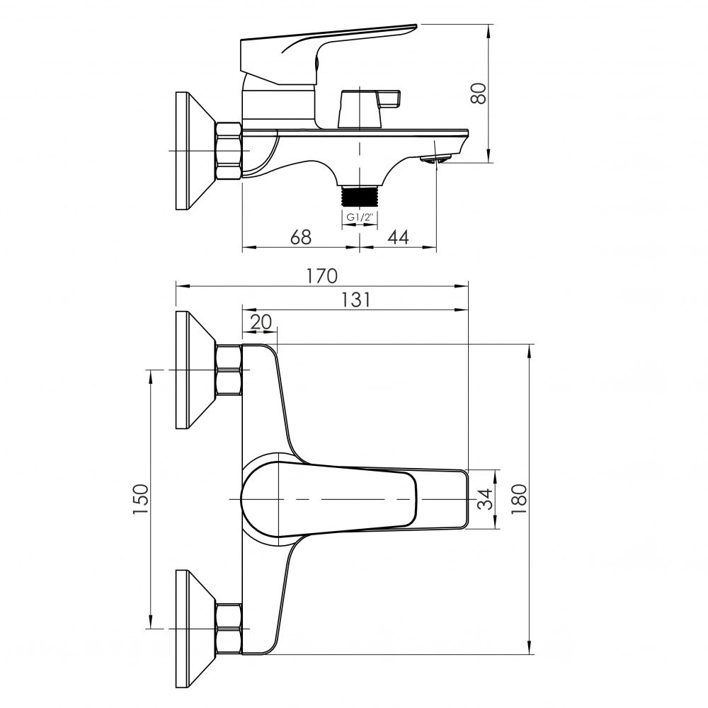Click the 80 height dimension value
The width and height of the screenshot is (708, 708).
(479, 93)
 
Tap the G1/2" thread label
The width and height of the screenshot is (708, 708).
(359, 217)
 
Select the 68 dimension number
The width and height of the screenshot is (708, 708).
(301, 237)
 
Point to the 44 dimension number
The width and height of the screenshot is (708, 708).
(398, 237)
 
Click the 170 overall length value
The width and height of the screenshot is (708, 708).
(321, 276)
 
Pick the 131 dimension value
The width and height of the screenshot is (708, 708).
(355, 299)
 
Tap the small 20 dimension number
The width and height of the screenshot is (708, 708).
(261, 322)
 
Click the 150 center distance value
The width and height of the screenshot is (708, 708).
(140, 499)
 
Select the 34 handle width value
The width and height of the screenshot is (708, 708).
(485, 499)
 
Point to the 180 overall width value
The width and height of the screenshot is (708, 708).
(519, 499)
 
